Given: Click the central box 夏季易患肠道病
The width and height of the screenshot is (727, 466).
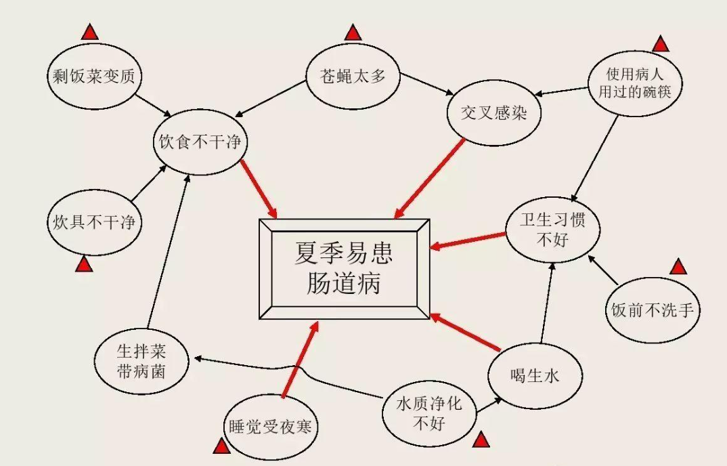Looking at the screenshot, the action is [344, 269].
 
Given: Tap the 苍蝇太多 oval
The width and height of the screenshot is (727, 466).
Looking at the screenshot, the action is [352, 77].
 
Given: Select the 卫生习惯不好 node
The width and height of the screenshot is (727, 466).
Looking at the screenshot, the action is [552, 229].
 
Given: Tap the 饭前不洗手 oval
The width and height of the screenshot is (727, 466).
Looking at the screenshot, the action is [653, 310].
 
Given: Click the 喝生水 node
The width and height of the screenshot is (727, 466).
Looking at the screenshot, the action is [535, 376].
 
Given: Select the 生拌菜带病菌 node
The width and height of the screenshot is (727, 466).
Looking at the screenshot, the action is [141, 361].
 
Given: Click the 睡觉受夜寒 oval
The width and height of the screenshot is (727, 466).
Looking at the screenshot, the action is [270, 427].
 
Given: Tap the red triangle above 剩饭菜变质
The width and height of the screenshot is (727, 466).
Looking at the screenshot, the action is [90, 31].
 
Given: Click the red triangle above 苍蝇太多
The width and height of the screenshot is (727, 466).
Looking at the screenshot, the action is [353, 32].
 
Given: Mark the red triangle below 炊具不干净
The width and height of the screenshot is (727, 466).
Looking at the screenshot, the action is [83, 265].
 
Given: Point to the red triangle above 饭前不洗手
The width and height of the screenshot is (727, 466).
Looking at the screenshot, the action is [678, 267].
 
